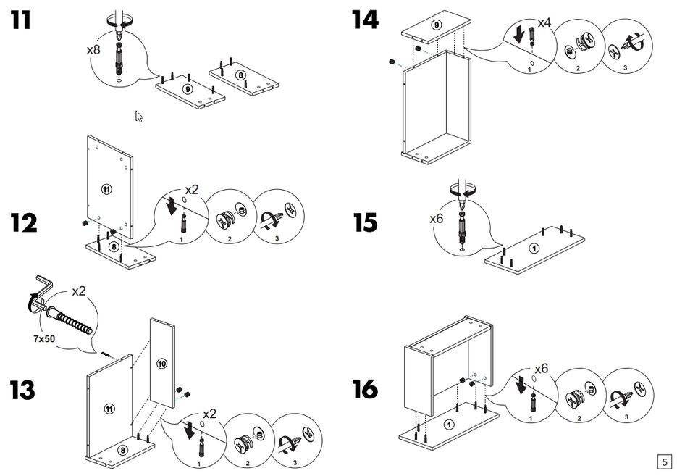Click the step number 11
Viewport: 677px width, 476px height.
(21, 20)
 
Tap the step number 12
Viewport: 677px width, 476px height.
(23, 223)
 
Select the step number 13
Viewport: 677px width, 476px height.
(23, 390)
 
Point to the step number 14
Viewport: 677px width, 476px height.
(365, 20)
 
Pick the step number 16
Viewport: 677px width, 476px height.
(366, 390)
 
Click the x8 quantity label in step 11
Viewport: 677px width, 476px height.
(93, 50)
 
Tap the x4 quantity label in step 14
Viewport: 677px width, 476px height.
(544, 22)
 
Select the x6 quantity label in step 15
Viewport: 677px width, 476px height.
(437, 218)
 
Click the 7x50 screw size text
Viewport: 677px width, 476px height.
(47, 338)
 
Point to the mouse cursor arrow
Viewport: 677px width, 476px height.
(139, 116)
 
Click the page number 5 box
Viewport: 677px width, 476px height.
(663, 461)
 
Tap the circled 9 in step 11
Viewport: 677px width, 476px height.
(187, 90)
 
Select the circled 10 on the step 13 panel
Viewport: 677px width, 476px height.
(161, 363)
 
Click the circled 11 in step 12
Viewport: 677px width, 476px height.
(106, 190)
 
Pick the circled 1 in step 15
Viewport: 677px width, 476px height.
(534, 249)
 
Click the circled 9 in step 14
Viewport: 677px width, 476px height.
(436, 25)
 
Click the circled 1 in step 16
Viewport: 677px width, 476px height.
(449, 425)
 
